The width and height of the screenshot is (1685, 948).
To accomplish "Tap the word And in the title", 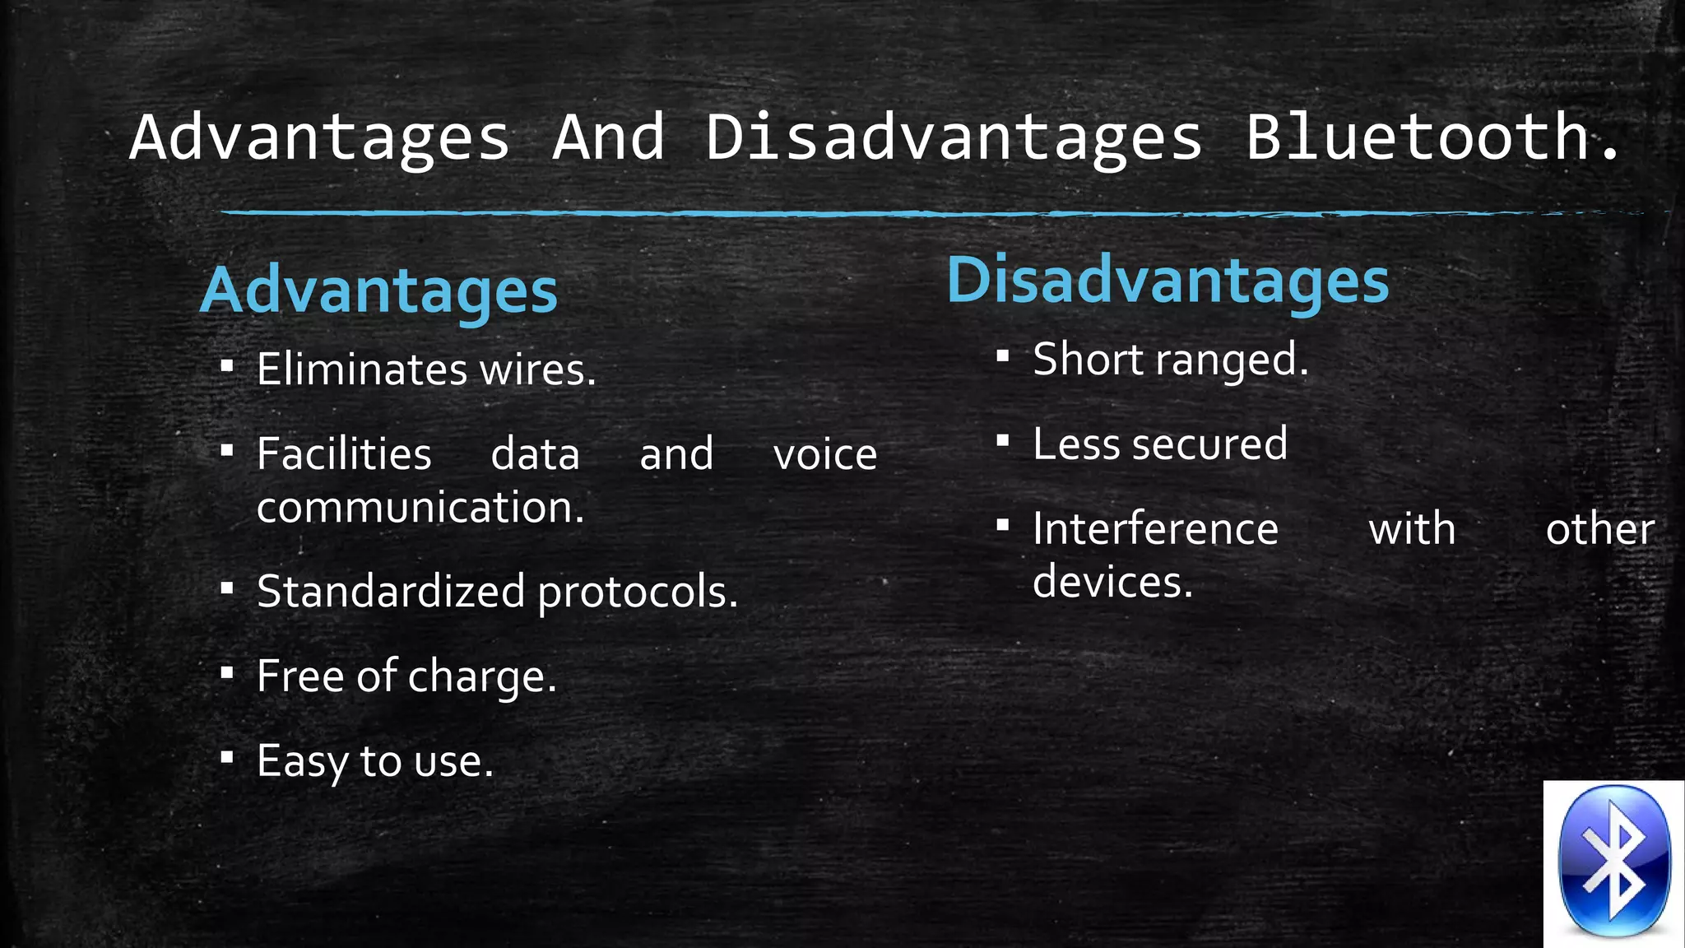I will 609,137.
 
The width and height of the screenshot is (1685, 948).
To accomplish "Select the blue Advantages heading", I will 379,291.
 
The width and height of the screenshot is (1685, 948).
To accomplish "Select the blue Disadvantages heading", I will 1167,281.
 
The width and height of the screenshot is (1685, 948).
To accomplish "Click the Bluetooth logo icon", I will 1614,862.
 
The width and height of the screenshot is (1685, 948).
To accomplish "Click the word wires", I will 538,370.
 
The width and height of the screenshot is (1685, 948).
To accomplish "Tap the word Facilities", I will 344,454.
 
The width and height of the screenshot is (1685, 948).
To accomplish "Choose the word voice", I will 825,456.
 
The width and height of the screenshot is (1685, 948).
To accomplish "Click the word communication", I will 420,508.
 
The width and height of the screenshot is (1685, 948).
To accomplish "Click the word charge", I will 482,678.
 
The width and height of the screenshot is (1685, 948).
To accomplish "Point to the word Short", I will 1088,360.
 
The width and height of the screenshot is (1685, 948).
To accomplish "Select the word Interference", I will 1155,529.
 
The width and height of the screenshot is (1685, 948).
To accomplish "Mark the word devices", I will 1112,583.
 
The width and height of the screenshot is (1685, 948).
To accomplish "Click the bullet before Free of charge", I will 228,674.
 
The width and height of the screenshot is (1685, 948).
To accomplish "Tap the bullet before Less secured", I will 1002,441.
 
